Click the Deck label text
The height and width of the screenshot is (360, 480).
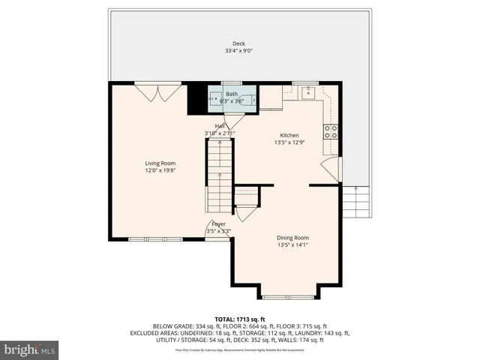pyautogui.click(x=238, y=43)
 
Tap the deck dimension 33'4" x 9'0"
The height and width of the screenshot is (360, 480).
pyautogui.click(x=238, y=51)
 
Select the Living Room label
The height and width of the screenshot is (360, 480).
pyautogui.click(x=160, y=163)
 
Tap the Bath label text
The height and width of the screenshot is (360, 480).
pyautogui.click(x=232, y=94)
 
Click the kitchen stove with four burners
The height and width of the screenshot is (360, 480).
pyautogui.click(x=330, y=131)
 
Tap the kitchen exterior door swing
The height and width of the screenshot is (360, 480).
pyautogui.click(x=330, y=169)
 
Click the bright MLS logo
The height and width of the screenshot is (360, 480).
pyautogui.click(x=30, y=349)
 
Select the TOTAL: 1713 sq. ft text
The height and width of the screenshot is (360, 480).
pyautogui.click(x=239, y=319)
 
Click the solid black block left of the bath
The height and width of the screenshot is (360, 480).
pyautogui.click(x=196, y=98)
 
